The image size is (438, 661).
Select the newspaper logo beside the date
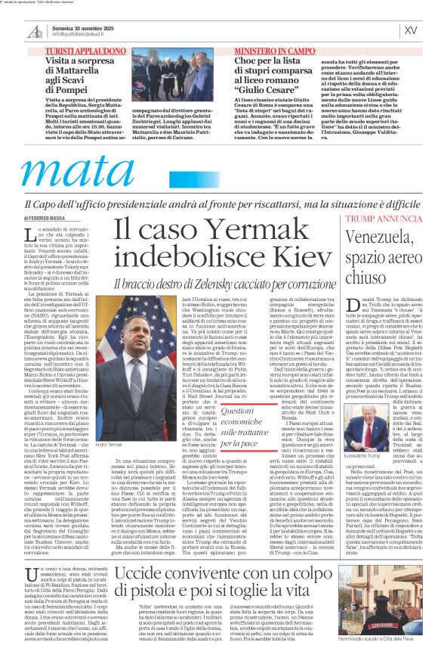click(x=33, y=30)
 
